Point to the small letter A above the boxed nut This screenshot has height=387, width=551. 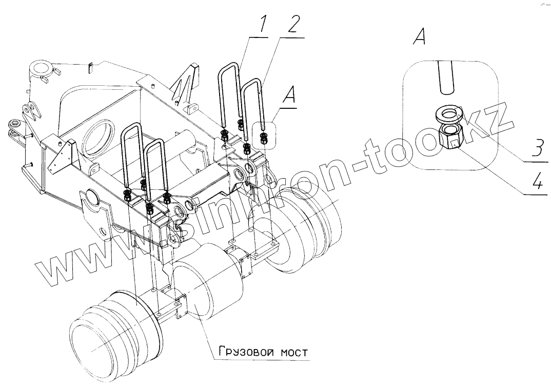coord(290,96)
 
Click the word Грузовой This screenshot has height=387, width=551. coord(242,353)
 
